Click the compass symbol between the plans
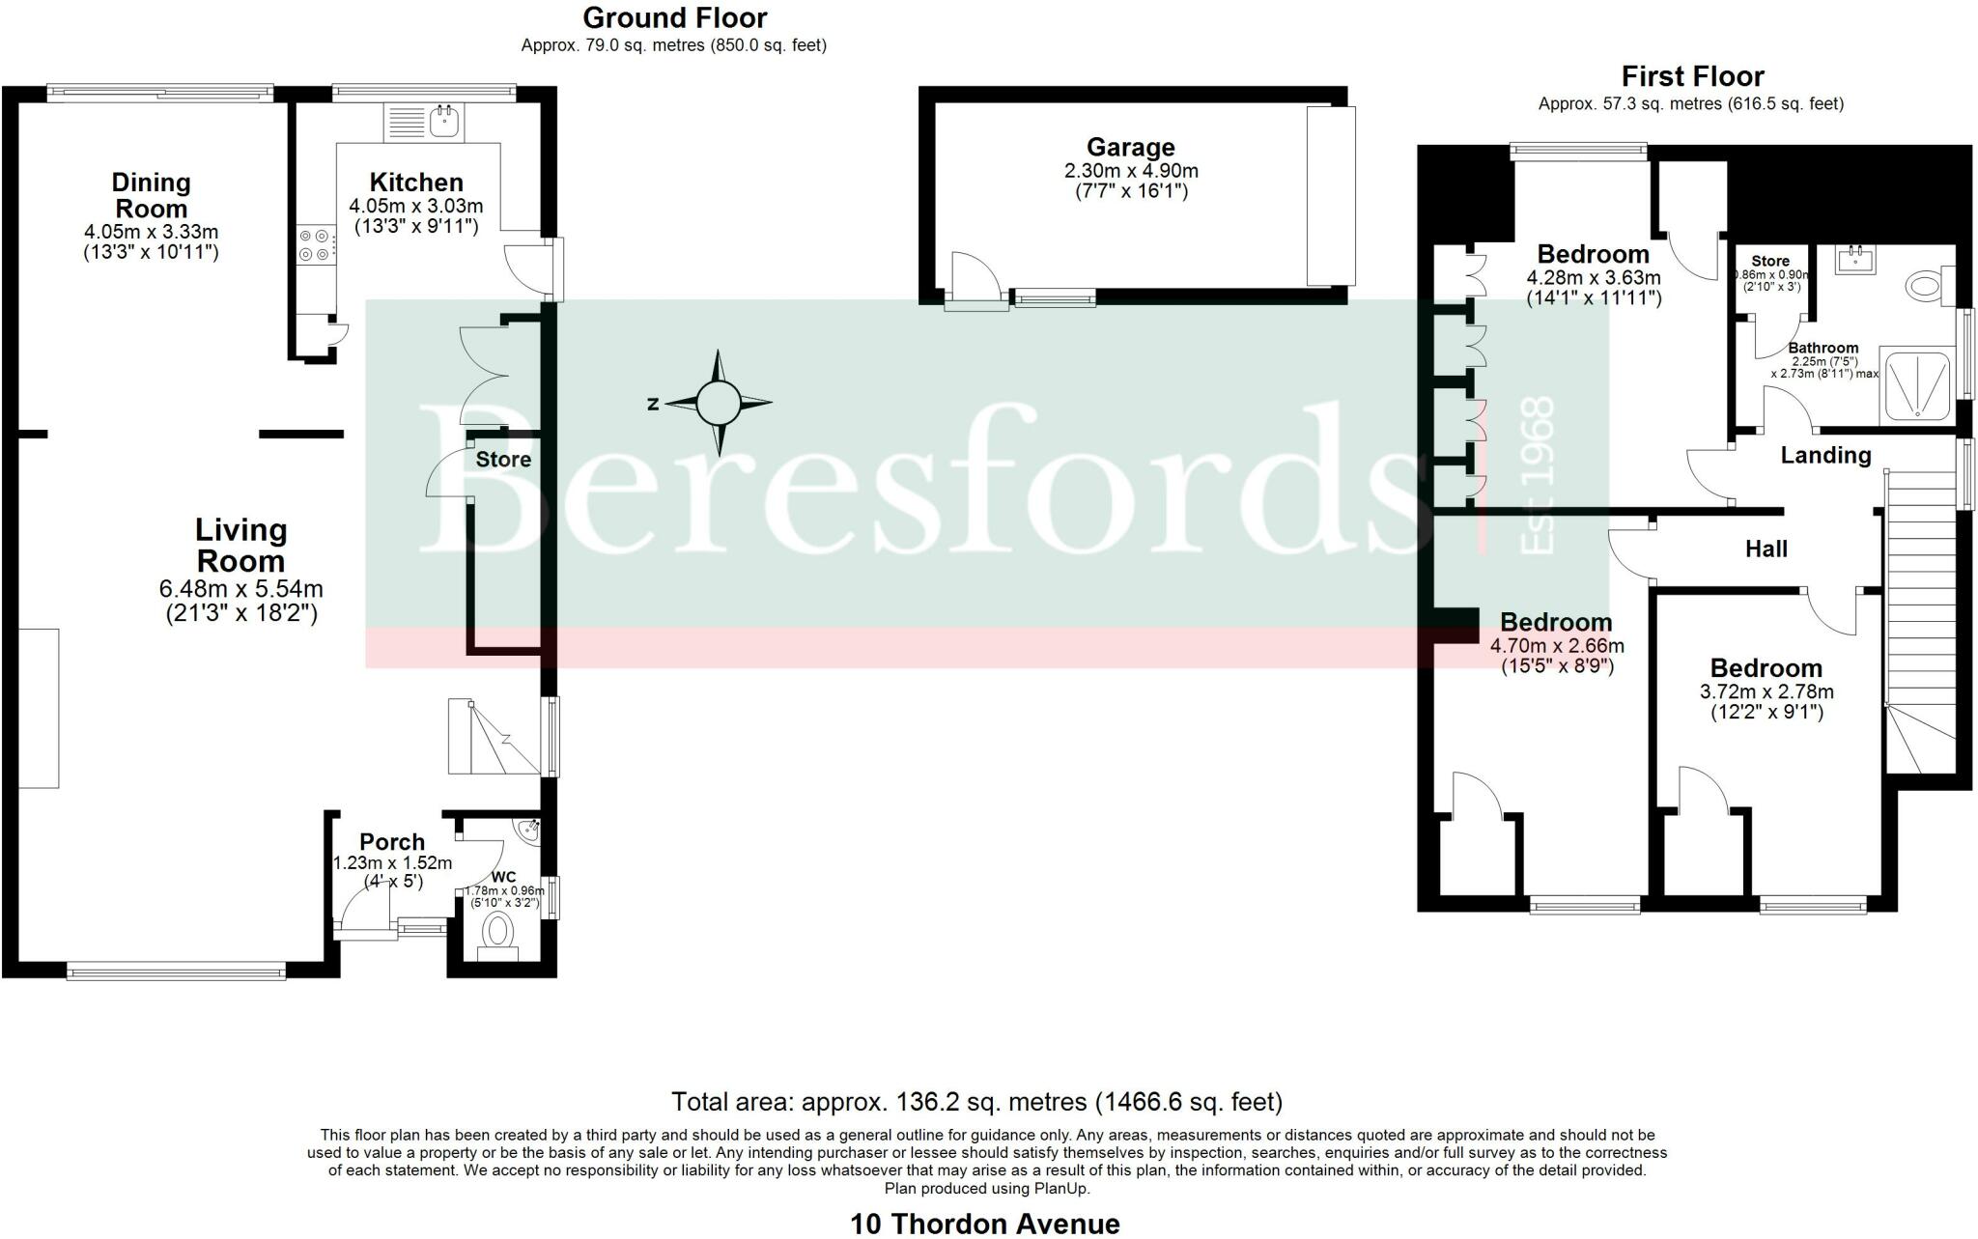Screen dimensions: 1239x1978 tap(718, 403)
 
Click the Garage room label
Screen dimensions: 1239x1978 tap(1130, 148)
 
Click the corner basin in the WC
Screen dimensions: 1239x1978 tap(528, 831)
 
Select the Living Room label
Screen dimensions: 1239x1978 tap(240, 546)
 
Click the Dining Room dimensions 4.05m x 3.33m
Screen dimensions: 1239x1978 tap(151, 232)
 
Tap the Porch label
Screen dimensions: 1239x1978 tap(392, 842)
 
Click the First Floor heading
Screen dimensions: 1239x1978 tap(1692, 76)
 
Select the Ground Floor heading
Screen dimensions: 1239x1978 tap(674, 17)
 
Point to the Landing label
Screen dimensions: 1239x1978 tap(1825, 455)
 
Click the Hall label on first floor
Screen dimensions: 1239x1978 tap(1766, 549)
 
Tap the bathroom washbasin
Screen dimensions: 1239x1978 tap(1855, 258)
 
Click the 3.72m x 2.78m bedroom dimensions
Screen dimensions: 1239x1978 tap(1766, 691)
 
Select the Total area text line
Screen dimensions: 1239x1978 tap(976, 1101)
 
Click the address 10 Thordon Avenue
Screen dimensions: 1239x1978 tap(984, 1224)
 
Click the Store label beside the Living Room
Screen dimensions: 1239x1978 tap(503, 460)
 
